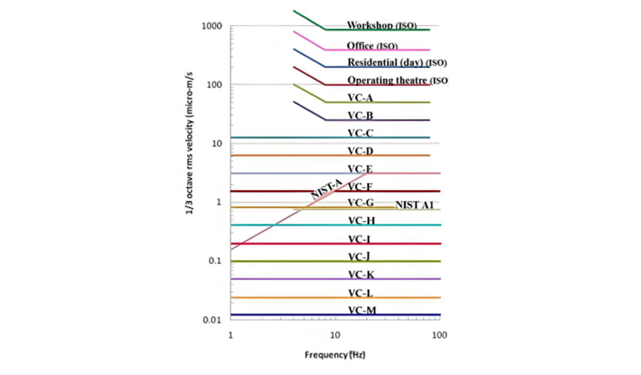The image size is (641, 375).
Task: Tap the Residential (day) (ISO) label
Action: (x=397, y=63)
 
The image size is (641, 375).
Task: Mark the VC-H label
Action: (x=361, y=221)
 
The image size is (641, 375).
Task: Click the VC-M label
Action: (x=361, y=310)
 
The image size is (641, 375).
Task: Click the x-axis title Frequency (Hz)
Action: (x=335, y=355)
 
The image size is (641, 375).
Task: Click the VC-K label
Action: (x=361, y=275)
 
